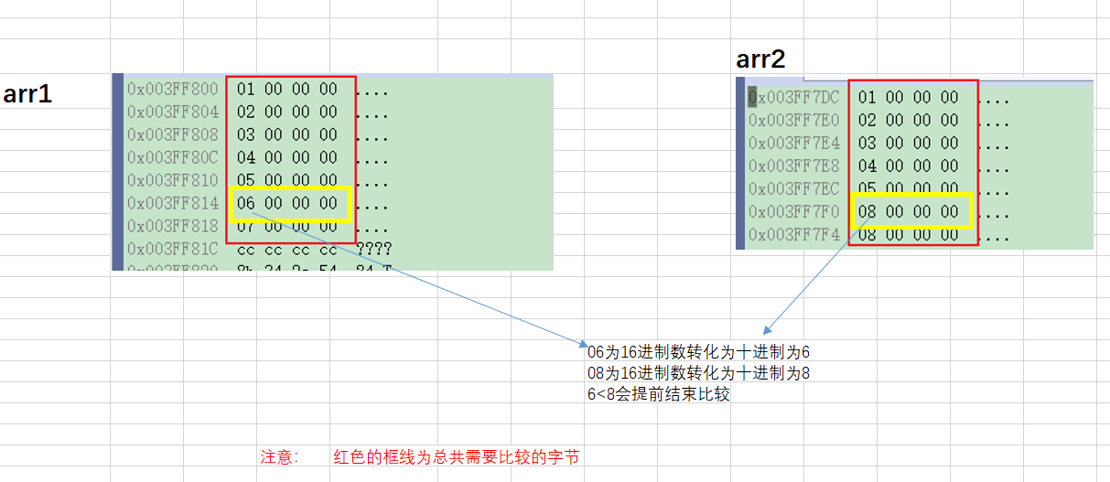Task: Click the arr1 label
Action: (x=27, y=93)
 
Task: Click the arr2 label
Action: (x=760, y=60)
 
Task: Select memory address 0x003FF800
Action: (x=173, y=89)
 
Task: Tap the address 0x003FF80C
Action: (x=173, y=157)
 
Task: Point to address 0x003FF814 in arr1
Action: (x=173, y=203)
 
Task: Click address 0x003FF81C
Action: (x=173, y=249)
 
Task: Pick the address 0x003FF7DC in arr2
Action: (x=793, y=97)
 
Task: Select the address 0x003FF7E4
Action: (x=793, y=143)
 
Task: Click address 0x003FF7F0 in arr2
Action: (x=793, y=211)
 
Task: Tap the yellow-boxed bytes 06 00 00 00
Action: (x=287, y=203)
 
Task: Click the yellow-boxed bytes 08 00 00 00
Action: (x=909, y=211)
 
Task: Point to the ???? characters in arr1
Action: (x=374, y=249)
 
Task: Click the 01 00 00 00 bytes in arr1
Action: (x=287, y=89)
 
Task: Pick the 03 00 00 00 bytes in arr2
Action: (x=909, y=143)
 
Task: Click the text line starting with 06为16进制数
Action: (x=699, y=352)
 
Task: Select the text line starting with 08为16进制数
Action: (x=699, y=373)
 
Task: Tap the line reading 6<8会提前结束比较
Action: (x=659, y=395)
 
